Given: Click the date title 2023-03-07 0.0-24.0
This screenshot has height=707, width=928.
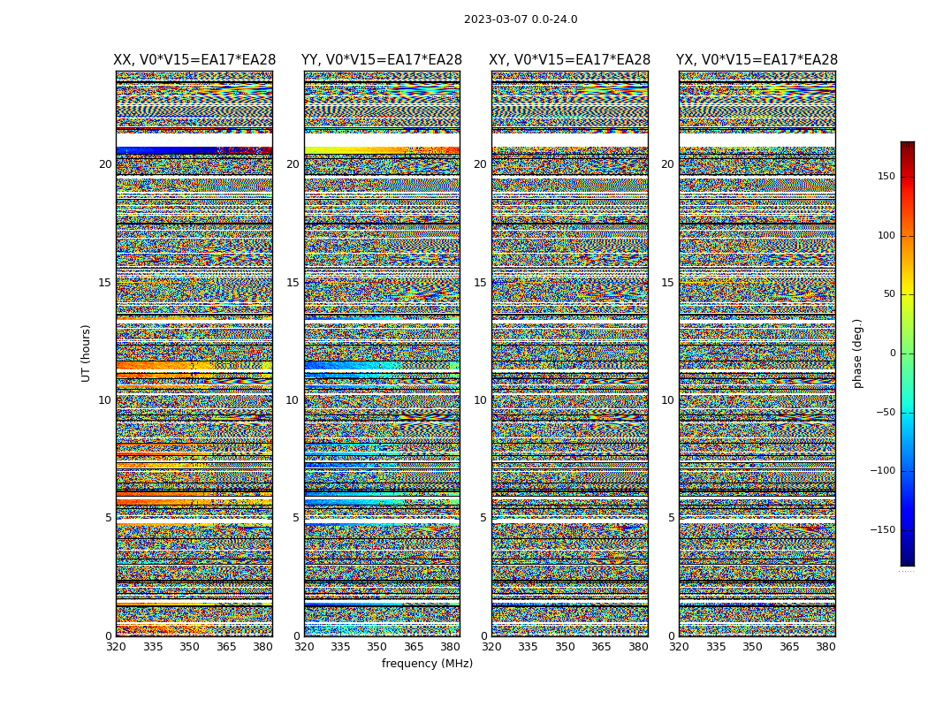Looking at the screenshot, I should point(521,19).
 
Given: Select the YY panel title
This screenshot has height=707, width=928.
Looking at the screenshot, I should point(382,60).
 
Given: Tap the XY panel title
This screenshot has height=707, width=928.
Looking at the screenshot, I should point(570,60).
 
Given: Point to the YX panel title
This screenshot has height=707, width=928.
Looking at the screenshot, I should point(757,60).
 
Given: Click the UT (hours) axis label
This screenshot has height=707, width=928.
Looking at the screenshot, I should point(86,353).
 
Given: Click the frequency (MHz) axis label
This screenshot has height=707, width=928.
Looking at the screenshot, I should point(427,664).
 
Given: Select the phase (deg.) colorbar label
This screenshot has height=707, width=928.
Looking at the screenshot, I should point(857,353).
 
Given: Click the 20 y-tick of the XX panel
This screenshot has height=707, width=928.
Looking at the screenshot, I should point(105,164).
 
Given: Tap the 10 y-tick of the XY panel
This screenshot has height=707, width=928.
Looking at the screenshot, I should point(480,400).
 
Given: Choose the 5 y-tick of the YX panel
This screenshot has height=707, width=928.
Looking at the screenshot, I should point(671,518).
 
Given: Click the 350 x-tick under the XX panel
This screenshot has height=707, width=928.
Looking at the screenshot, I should point(189,647).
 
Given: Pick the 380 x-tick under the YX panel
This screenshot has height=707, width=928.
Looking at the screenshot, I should point(825,647).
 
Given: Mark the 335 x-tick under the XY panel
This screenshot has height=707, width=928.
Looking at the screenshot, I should point(528,647).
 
